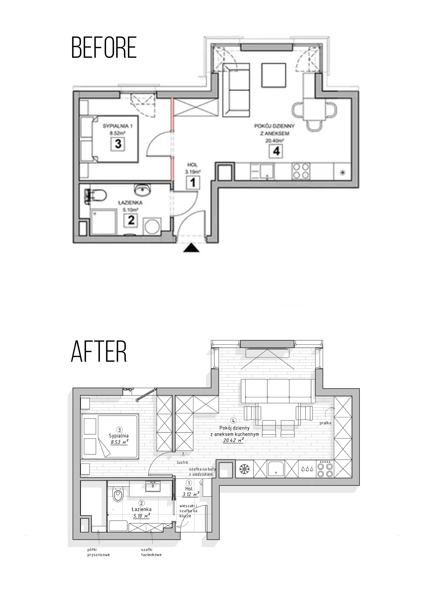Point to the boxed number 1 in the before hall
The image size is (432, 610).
pyautogui.click(x=192, y=182)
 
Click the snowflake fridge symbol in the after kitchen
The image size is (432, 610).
pyautogui.click(x=244, y=469)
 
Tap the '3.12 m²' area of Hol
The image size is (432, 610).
pyautogui.click(x=191, y=494)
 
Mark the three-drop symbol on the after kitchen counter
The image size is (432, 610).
pyautogui.click(x=307, y=469)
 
